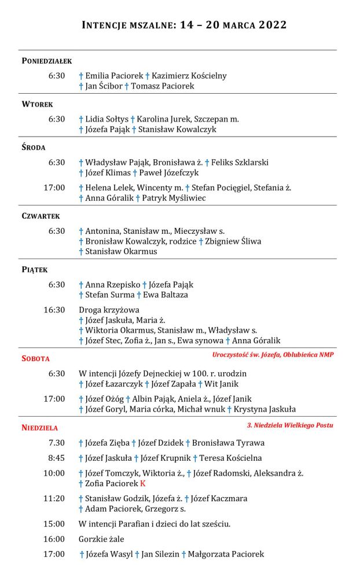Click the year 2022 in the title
(270, 25)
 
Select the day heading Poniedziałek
(46, 61)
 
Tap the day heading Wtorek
(37, 104)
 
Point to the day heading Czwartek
(41, 216)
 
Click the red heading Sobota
(35, 359)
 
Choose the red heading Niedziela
(39, 428)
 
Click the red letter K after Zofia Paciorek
(142, 483)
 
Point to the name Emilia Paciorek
(114, 76)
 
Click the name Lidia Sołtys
(106, 119)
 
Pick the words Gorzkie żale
(101, 539)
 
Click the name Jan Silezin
(160, 554)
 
